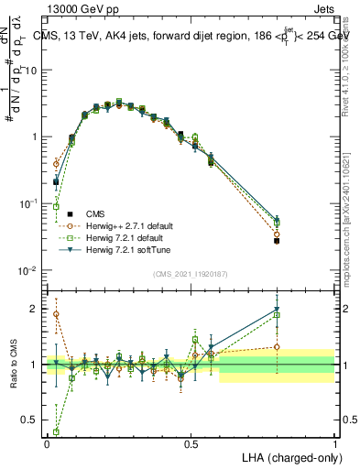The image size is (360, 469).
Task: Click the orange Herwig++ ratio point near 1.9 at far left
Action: [x=56, y=314]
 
